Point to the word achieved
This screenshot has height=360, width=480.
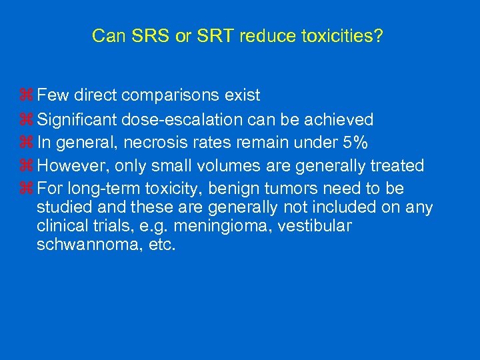[339, 119]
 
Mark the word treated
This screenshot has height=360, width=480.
[398, 165]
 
